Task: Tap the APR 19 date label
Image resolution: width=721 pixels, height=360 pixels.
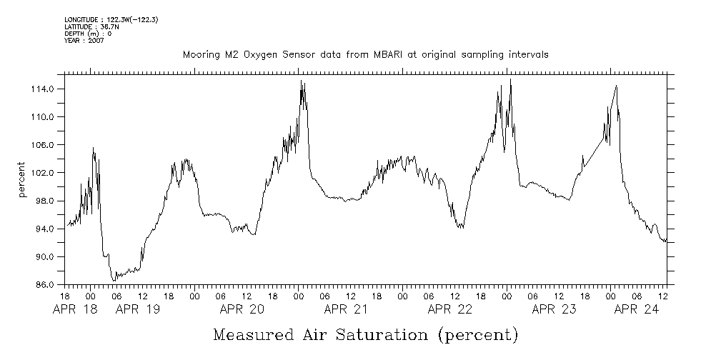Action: pos(137,310)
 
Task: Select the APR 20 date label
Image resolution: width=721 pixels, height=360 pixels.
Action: pos(242,310)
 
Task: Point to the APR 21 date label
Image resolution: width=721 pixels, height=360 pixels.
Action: pos(346,310)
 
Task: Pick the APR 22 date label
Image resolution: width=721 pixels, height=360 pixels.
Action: pos(450,310)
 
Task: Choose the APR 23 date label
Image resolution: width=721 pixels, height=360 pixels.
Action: pos(555,310)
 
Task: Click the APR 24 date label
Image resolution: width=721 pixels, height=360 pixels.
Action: pos(636,310)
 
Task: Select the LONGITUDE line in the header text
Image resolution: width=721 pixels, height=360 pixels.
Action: pos(111,20)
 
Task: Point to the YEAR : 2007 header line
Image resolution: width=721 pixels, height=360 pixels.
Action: pos(84,41)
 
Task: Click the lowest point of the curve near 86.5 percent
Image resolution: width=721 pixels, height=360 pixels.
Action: pos(113,281)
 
